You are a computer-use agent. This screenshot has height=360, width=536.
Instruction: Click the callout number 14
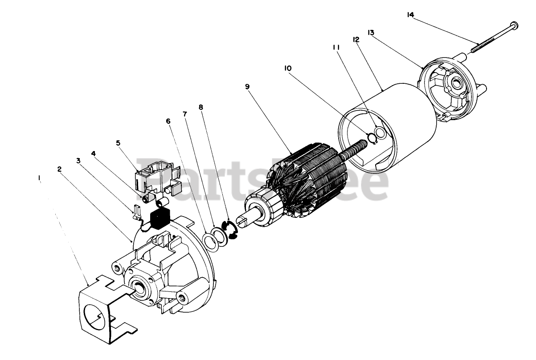coord(410,15)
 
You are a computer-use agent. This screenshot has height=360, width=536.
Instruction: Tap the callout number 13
coord(371,33)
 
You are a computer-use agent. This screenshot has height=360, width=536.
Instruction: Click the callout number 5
coord(118,143)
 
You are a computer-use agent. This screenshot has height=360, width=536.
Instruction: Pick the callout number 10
coord(288,68)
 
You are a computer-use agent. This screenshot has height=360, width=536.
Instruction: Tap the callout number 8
coord(201,107)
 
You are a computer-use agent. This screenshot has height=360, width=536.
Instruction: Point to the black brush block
coord(159,218)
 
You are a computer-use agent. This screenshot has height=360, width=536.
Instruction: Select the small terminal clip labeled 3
coord(136,211)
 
